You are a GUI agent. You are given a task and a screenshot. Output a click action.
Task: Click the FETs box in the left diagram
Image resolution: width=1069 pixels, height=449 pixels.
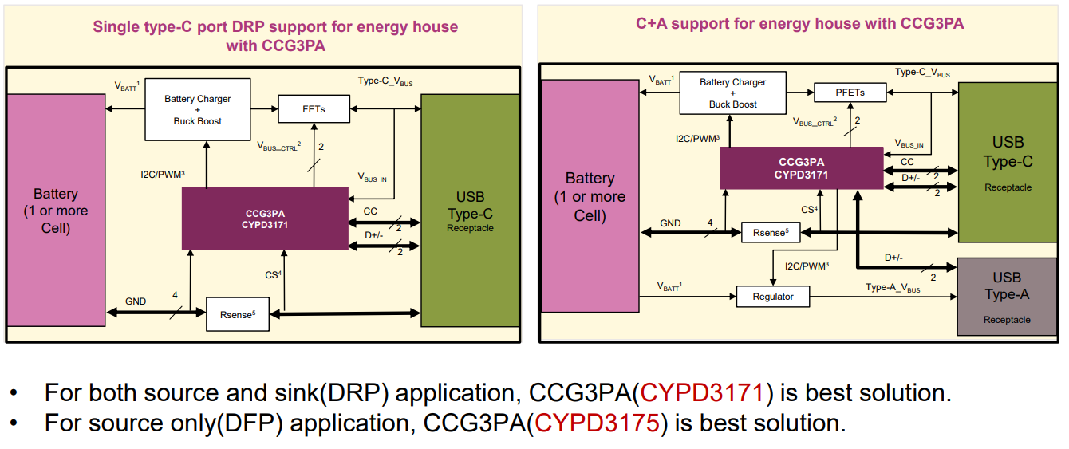point(314,108)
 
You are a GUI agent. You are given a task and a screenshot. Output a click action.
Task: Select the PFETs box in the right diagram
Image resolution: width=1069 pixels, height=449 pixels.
point(850,93)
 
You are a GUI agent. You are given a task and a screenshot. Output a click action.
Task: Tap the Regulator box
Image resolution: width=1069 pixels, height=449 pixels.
point(773,297)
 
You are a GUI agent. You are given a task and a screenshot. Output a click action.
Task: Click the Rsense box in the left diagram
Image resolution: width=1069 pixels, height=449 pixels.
point(237,314)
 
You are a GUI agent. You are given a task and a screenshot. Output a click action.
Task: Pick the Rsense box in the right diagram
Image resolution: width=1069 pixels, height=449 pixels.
point(770,233)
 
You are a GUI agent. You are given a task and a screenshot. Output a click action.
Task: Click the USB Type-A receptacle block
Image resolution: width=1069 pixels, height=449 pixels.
point(1007,296)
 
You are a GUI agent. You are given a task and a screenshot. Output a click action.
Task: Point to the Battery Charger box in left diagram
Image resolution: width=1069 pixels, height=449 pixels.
point(197,109)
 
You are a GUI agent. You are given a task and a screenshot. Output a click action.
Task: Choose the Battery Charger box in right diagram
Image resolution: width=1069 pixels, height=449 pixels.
point(732,93)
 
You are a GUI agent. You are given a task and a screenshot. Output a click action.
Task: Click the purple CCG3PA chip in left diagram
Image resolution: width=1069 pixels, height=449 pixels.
point(265,219)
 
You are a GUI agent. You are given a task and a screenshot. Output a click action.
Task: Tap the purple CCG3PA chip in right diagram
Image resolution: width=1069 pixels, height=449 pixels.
point(801,167)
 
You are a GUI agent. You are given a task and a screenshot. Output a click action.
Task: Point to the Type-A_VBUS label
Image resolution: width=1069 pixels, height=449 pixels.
point(893,288)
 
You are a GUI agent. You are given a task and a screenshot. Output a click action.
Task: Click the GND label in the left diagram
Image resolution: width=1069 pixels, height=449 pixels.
point(136,301)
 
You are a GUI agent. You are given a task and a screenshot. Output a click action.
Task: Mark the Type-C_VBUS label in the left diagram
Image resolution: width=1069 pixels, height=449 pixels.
point(385,81)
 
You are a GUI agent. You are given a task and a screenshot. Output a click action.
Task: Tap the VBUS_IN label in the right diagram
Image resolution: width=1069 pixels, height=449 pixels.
point(909,145)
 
